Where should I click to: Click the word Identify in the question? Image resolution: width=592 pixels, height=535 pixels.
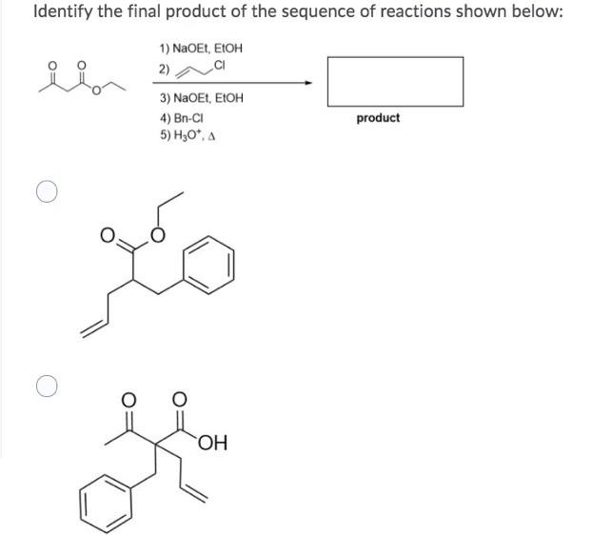click(x=64, y=12)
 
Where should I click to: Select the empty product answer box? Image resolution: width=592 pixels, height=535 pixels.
click(x=395, y=81)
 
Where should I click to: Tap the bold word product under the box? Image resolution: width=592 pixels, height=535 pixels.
click(x=378, y=118)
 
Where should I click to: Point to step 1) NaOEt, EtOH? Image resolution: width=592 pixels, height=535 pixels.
click(x=195, y=48)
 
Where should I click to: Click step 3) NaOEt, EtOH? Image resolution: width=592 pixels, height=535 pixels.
click(x=201, y=98)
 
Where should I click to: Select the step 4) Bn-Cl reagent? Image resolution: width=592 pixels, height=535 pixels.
click(x=183, y=119)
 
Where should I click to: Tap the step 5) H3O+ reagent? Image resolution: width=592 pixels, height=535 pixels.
click(x=187, y=135)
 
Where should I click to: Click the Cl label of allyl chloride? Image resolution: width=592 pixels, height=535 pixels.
click(x=220, y=65)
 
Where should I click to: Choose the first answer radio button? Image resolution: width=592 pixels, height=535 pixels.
click(x=47, y=192)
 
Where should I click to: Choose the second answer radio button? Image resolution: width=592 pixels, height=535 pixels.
click(x=47, y=386)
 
